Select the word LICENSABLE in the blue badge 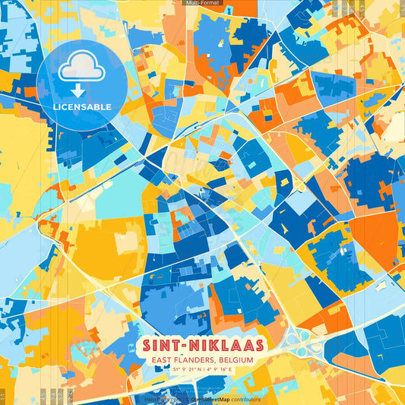tap(82, 106)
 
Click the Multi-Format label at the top tap(201, 3)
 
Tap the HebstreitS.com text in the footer tap(160, 399)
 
